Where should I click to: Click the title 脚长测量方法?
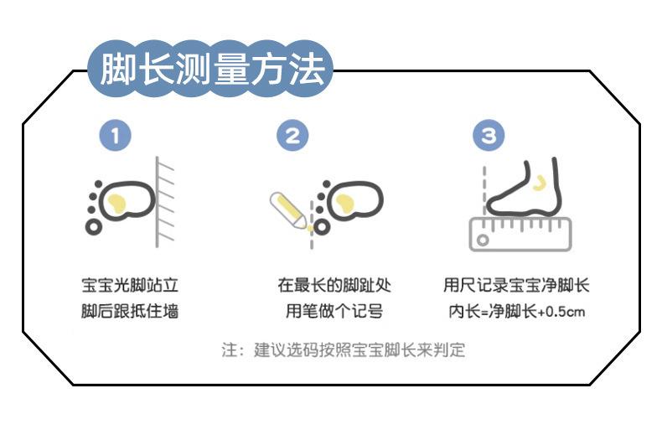(212, 70)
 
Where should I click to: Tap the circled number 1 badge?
(116, 136)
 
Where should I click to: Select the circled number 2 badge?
(292, 136)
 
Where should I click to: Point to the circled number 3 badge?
(489, 136)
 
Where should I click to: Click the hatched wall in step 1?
(164, 202)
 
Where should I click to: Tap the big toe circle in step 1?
(94, 227)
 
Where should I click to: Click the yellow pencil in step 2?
(289, 210)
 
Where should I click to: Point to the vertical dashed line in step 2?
(312, 225)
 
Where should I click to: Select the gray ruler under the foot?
(520, 235)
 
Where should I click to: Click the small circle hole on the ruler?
(483, 241)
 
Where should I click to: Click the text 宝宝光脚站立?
(130, 286)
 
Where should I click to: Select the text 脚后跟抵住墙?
(130, 311)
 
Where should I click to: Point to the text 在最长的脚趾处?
(334, 286)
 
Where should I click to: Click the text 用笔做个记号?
(334, 311)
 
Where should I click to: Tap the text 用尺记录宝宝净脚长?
(516, 286)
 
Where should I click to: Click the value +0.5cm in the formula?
(561, 312)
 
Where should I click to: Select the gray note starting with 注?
(344, 350)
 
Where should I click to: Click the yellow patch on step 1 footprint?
(117, 203)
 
